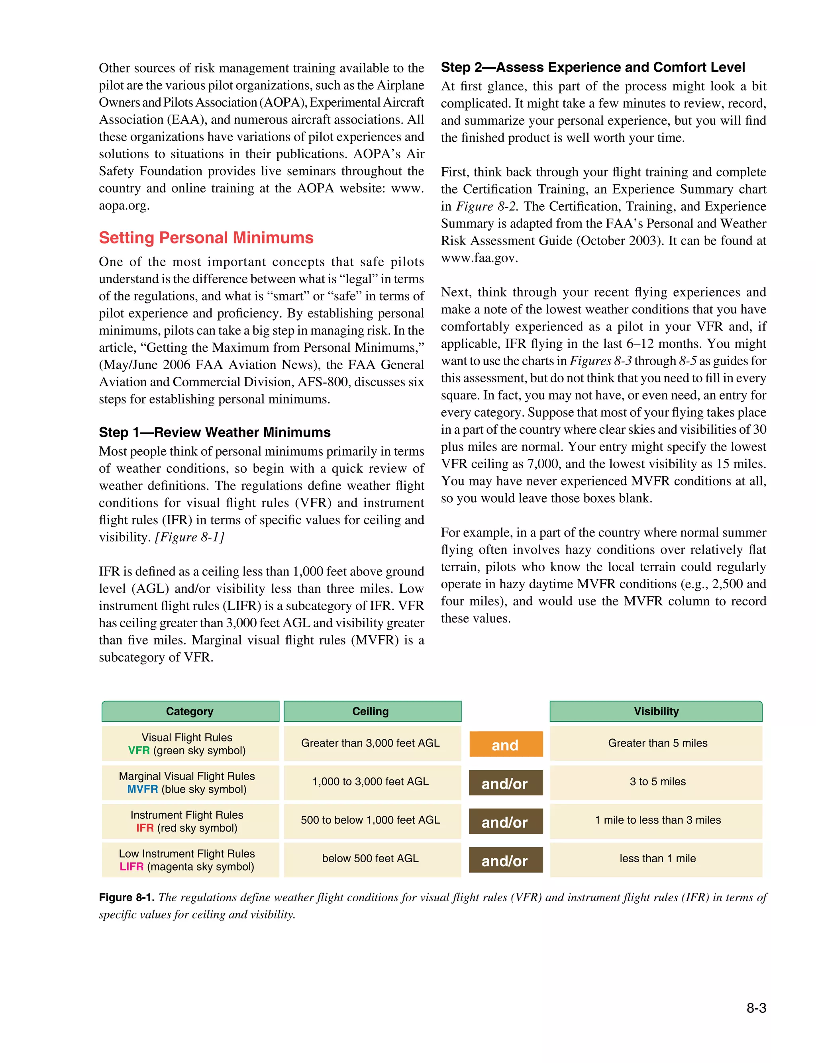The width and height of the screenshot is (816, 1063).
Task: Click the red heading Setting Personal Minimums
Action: tap(206, 238)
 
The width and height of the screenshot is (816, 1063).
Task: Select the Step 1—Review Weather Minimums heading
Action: tap(215, 432)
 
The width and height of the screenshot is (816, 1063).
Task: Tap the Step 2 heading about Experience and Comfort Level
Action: tap(592, 67)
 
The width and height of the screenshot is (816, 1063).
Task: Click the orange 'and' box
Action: tap(505, 745)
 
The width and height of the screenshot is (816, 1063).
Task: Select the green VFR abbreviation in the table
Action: tap(139, 750)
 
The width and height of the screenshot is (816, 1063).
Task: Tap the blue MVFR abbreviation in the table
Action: tap(142, 789)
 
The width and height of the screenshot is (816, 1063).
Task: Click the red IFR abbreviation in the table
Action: tap(145, 828)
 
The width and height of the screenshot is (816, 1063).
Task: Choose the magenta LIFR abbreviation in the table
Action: tap(131, 866)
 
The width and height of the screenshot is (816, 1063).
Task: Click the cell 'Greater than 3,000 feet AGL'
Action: tap(371, 743)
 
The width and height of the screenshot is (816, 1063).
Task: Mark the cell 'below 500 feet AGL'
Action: tap(371, 858)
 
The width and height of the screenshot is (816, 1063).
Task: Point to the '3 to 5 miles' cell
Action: tap(658, 781)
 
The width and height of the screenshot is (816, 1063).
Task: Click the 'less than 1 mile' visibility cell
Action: tap(658, 858)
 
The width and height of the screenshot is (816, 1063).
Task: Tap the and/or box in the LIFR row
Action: tap(505, 861)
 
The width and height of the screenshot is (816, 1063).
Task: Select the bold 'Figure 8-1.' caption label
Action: tap(127, 897)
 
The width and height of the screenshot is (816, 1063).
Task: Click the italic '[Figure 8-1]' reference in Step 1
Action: tap(189, 537)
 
